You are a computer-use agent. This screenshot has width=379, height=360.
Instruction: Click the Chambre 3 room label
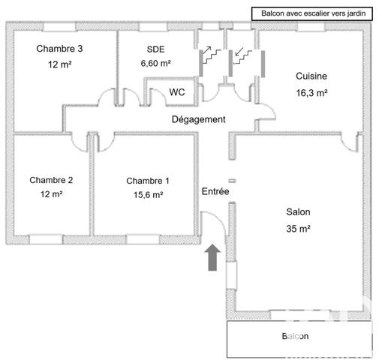[59, 49]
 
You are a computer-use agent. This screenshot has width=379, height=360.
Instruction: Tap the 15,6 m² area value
[149, 194]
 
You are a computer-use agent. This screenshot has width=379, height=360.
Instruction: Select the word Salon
[298, 212]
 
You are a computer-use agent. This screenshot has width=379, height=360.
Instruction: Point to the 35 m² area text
[298, 229]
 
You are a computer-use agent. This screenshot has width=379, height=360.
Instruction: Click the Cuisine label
[311, 76]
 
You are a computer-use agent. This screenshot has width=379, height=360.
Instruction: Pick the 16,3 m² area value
[311, 93]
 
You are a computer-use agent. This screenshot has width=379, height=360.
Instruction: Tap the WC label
[177, 92]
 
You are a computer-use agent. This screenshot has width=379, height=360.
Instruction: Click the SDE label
[155, 49]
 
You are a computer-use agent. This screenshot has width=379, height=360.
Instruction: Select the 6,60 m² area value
[155, 63]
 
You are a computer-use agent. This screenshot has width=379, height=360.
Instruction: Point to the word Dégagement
[199, 119]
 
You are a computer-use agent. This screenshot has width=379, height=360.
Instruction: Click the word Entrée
[215, 191]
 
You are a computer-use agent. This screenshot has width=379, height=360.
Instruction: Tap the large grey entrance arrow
[212, 257]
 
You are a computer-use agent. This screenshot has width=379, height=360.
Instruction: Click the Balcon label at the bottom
[295, 336]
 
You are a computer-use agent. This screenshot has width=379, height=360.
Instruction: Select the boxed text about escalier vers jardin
[313, 13]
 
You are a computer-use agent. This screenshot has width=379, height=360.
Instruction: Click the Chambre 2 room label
[51, 180]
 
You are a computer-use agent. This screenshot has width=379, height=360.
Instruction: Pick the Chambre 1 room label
[148, 181]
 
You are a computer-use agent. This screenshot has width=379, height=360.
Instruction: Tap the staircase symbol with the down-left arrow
[242, 55]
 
